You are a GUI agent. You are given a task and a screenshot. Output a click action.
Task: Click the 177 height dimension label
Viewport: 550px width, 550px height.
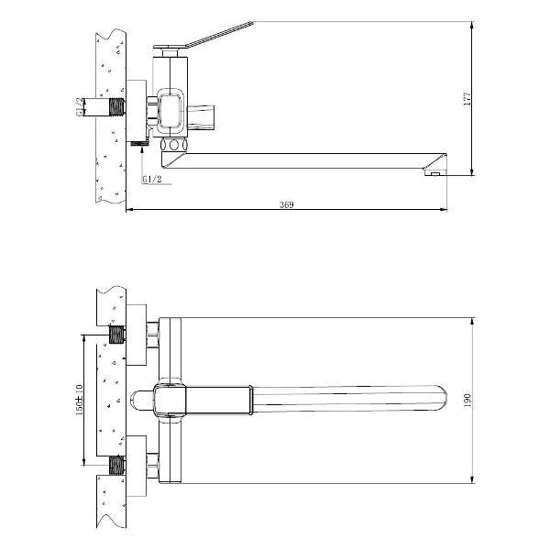pyautogui.click(x=466, y=97)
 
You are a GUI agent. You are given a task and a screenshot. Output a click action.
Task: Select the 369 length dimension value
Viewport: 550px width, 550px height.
pyautogui.click(x=286, y=205)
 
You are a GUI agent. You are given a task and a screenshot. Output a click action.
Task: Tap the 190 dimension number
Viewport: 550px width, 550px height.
pyautogui.click(x=466, y=400)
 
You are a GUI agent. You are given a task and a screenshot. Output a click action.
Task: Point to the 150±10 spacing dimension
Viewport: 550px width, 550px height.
pyautogui.click(x=82, y=399)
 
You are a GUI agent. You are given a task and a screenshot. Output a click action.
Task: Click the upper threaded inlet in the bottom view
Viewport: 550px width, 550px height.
pyautogui.click(x=116, y=334)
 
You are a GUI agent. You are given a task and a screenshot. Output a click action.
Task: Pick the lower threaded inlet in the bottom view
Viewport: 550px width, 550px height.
pyautogui.click(x=116, y=464)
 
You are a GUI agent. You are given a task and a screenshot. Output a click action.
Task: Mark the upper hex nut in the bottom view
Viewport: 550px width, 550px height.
pyautogui.click(x=153, y=335)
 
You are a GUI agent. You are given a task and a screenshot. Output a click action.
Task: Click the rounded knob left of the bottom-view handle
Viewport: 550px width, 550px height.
pyautogui.click(x=141, y=399)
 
